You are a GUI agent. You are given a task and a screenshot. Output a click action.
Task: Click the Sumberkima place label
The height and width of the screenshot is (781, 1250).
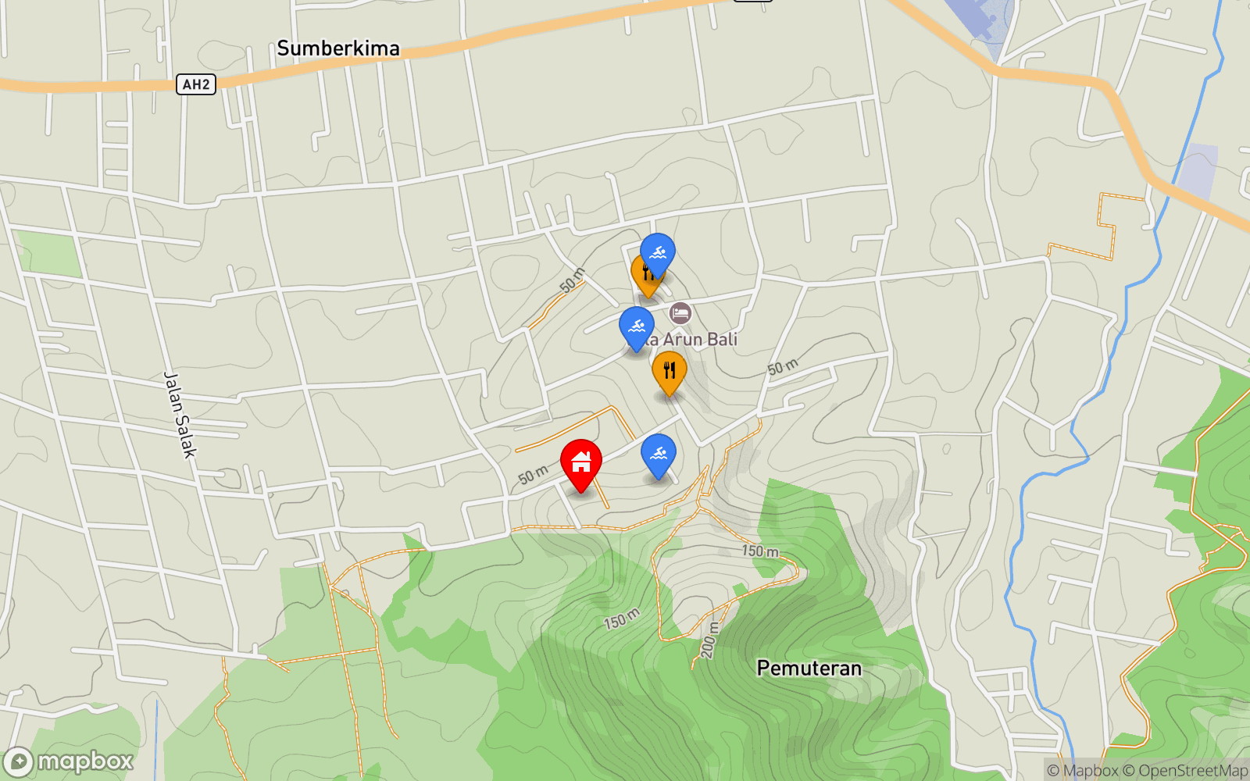pos(338,48)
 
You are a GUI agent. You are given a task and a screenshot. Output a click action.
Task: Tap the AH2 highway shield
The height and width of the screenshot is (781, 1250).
pos(196,84)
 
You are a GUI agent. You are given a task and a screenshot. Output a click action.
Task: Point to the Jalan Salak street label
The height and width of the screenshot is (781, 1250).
pos(180,414)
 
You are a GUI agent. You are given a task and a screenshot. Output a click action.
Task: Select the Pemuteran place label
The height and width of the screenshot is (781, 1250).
pos(809,669)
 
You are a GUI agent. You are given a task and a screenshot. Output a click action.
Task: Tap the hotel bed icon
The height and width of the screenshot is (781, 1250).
pos(680,313)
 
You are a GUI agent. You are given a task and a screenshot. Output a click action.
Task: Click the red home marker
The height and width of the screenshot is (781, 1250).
pos(581,463)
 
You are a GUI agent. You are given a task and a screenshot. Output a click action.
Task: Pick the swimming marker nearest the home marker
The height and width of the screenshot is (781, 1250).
pos(658,454)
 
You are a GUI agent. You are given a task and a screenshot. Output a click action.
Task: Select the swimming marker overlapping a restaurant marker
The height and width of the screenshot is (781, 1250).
pos(658,253)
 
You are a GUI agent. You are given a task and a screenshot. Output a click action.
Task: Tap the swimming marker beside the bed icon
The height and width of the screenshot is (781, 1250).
pos(636,326)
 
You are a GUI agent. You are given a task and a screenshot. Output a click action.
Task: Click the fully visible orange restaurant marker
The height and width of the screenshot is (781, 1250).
pos(669,370)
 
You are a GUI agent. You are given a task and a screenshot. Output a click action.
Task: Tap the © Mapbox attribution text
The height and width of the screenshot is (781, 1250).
pos(1083,771)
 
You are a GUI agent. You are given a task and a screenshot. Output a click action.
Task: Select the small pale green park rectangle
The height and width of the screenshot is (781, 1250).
pos(48,253)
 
